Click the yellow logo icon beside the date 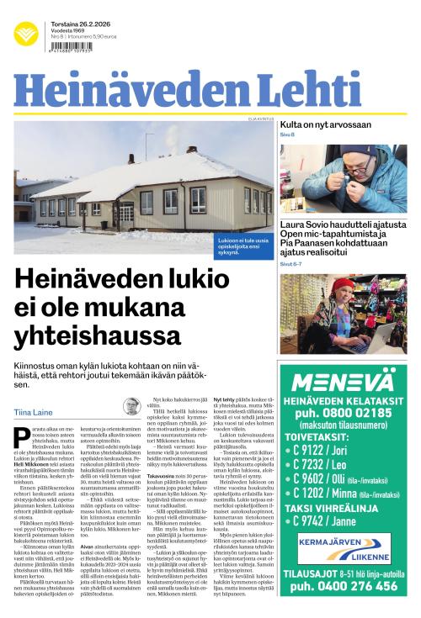tap(26, 33)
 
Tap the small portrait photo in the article tap(131, 406)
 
